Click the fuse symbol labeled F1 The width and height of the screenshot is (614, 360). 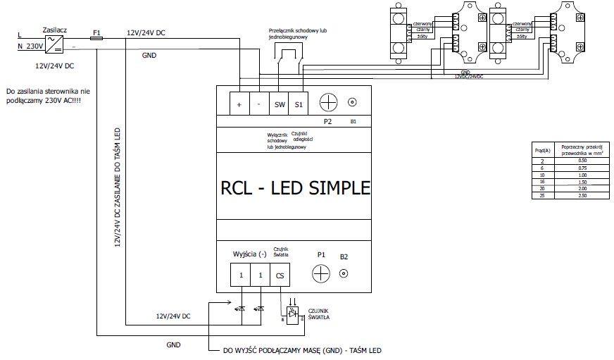click(97, 39)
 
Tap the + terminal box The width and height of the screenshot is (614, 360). click(239, 104)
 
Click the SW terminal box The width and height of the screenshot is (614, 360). click(279, 104)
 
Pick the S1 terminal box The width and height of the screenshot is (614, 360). click(299, 104)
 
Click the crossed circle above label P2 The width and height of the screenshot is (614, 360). click(327, 103)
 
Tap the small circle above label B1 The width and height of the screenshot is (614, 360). click(352, 103)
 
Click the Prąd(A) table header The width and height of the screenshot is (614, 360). click(542, 151)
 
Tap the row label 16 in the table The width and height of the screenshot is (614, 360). click(542, 181)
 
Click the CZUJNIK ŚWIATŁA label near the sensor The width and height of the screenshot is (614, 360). click(319, 314)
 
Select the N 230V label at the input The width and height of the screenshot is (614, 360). click(30, 46)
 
